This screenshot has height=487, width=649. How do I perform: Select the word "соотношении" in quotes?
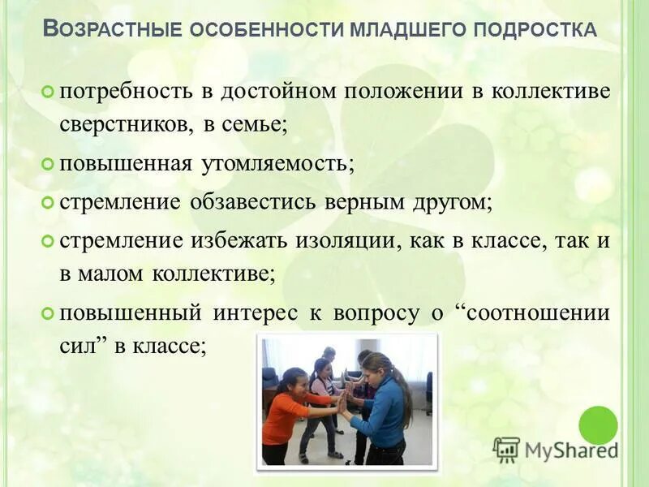click(535, 312)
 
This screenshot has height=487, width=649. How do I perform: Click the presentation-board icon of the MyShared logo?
click(506, 449)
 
